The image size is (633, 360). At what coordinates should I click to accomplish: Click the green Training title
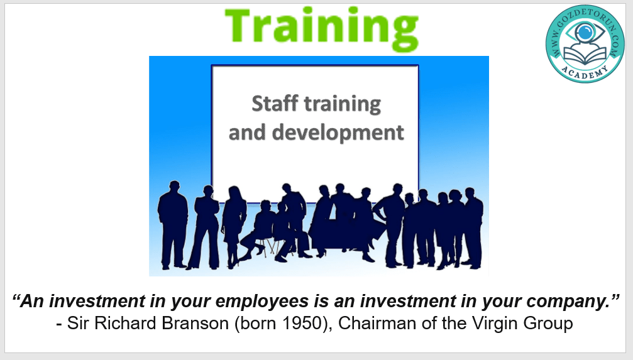coord(321,28)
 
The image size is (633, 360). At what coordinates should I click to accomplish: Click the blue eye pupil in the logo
coord(585,32)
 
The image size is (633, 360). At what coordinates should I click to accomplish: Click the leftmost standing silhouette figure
coord(173,225)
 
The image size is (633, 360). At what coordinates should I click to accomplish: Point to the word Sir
coord(79,324)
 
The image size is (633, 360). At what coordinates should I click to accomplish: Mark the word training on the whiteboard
coord(343,104)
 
